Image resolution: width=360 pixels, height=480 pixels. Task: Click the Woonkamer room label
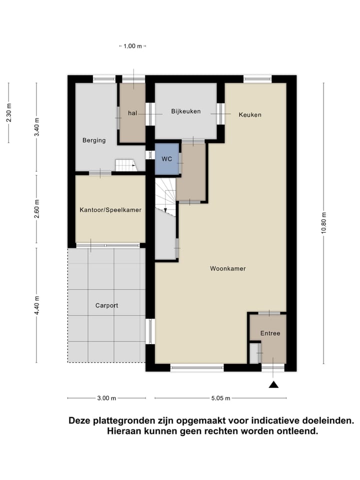tap(227, 268)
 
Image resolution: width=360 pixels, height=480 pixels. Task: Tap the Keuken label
tap(250, 114)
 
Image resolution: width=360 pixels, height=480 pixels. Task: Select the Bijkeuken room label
tap(185, 111)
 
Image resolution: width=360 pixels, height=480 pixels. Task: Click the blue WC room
tap(166, 158)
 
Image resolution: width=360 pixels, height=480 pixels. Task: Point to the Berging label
tap(94, 140)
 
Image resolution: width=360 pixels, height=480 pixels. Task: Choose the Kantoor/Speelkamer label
tap(110, 210)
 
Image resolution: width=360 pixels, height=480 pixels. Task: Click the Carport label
tap(106, 305)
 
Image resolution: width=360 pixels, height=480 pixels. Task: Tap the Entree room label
tap(270, 333)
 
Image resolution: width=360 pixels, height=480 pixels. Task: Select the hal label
tap(132, 113)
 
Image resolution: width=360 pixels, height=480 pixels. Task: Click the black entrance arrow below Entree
tap(273, 384)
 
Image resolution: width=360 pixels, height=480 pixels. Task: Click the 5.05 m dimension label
tap(220, 398)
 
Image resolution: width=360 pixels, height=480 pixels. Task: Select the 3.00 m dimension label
tap(106, 398)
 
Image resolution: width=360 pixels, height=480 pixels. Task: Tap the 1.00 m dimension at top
tap(133, 46)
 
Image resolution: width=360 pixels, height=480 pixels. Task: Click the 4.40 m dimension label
tap(37, 305)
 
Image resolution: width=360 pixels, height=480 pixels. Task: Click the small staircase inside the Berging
tap(125, 165)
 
